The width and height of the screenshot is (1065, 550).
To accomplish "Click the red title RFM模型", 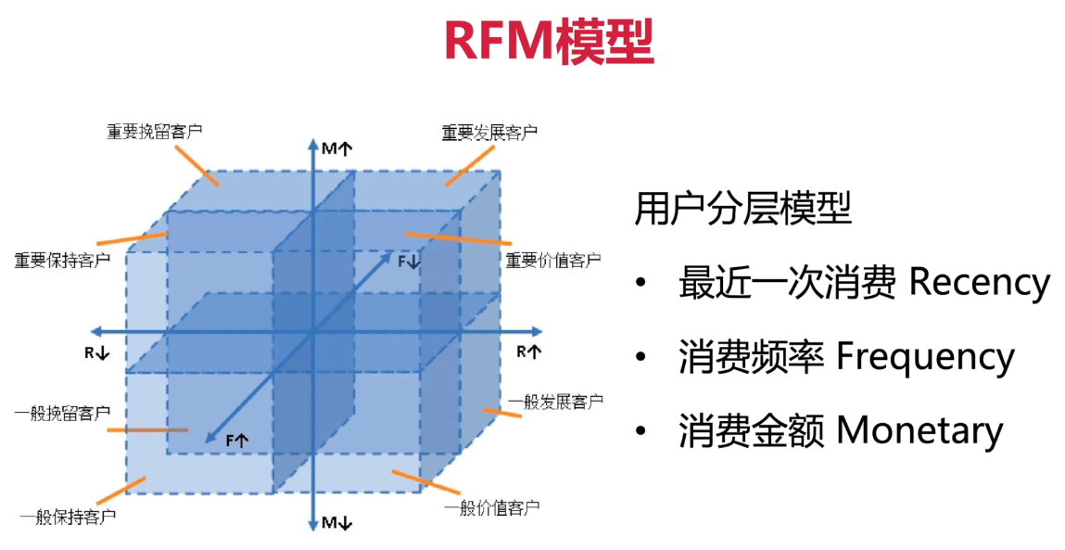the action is [549, 41].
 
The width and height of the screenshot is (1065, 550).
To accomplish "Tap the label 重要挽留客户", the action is [154, 131].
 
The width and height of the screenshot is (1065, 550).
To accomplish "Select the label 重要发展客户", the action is [488, 133].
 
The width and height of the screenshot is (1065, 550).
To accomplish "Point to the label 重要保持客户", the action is [62, 260].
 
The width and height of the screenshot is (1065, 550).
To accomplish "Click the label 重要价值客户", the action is [552, 261].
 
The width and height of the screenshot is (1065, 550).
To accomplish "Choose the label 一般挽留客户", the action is [63, 410].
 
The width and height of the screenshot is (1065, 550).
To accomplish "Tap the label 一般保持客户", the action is [68, 515].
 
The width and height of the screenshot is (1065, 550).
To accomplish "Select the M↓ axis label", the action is [336, 523].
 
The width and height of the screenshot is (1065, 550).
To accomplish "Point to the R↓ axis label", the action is [96, 352].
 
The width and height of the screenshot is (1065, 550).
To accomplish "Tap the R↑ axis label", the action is [528, 352].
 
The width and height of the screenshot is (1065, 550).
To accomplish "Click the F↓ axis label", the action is [409, 262].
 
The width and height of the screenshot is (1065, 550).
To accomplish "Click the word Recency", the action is [979, 283].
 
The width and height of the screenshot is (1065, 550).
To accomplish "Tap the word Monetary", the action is [919, 431].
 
